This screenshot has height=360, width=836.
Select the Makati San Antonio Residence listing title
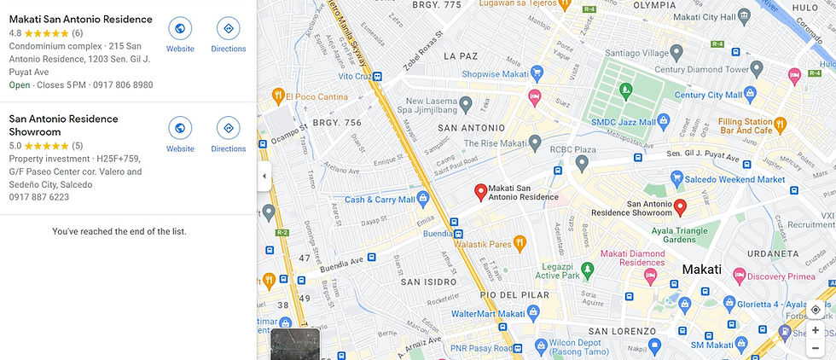[x=80, y=19]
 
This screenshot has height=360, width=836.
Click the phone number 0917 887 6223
[x=39, y=197]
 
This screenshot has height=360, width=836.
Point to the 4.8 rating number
[x=15, y=33]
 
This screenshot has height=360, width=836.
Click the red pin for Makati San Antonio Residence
[x=480, y=192]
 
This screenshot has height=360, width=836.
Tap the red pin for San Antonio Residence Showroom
[x=680, y=206]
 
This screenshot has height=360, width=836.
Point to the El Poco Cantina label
[x=314, y=95]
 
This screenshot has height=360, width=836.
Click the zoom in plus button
[x=816, y=330]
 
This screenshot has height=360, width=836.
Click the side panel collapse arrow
[x=264, y=177]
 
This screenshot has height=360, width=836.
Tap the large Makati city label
[x=701, y=270]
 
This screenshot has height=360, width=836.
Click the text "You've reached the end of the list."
[x=119, y=231]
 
